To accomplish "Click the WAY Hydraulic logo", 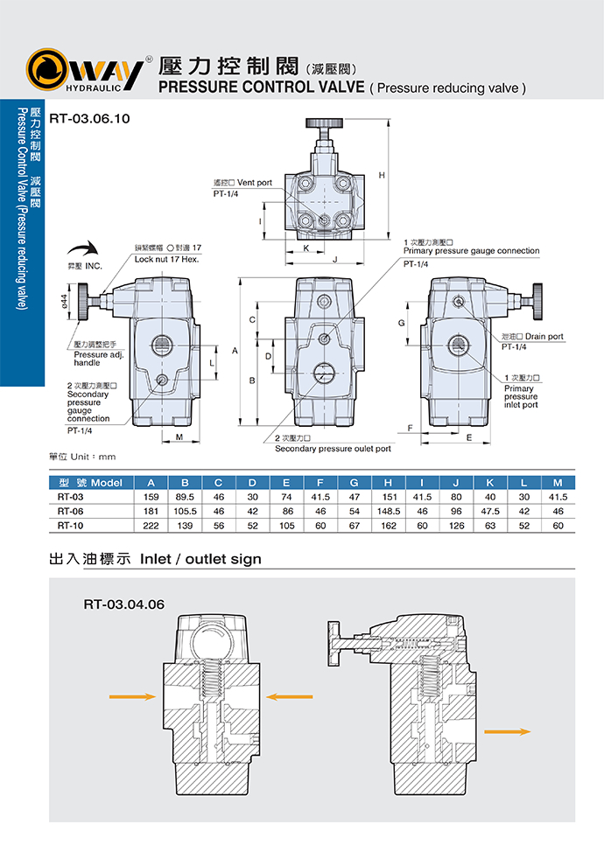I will (83, 70).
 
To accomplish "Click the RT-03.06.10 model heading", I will (89, 118).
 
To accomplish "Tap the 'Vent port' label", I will (243, 183).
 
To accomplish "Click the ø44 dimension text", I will (64, 301).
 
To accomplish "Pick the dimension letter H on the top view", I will (382, 176).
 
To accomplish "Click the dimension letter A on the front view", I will (235, 350).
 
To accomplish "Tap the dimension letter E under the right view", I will (469, 436).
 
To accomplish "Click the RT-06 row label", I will (70, 511).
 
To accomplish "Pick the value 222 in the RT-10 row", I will (151, 525).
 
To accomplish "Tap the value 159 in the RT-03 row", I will (151, 497).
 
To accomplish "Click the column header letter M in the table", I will (558, 482).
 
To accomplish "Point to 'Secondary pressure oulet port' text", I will (333, 449).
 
